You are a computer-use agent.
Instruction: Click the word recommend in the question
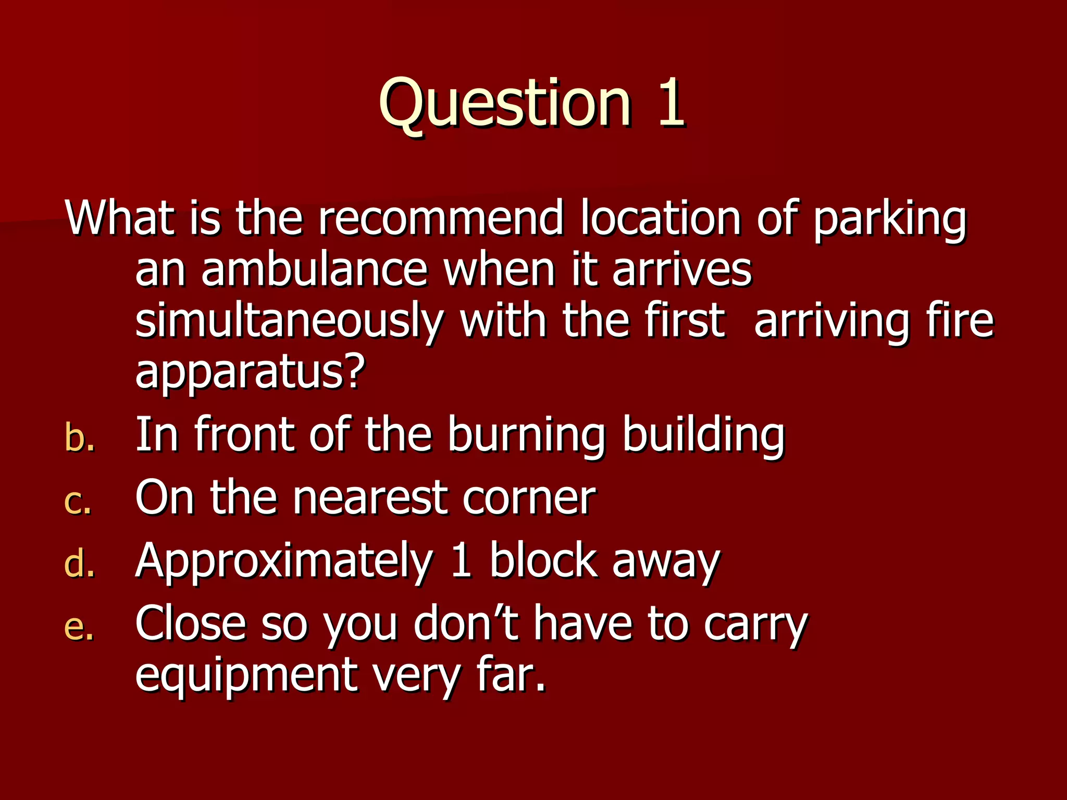tap(440, 218)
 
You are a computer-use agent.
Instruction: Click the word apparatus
tap(250, 373)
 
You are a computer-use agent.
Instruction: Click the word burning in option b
tap(526, 436)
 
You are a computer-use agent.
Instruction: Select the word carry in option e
tap(755, 626)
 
